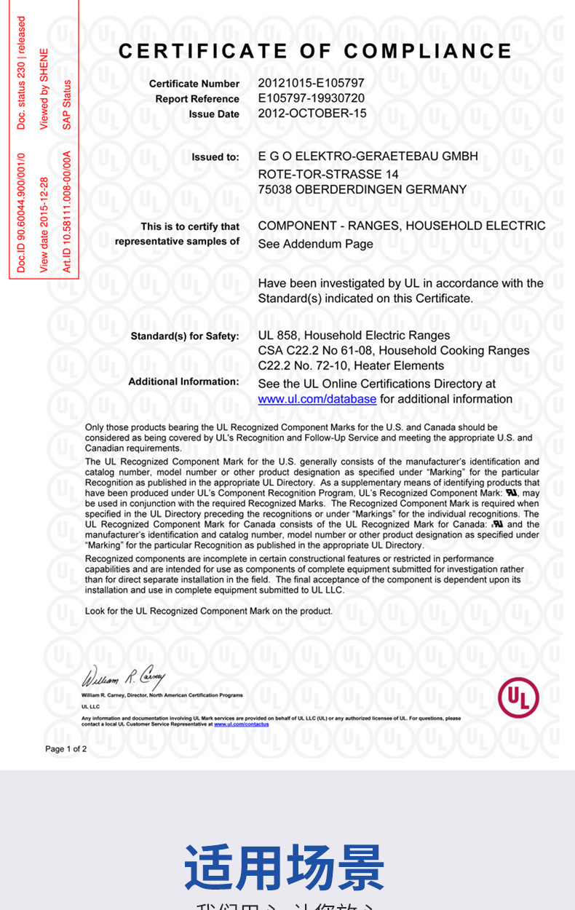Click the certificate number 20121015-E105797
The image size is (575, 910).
pos(311,83)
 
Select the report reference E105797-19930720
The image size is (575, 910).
pos(311,98)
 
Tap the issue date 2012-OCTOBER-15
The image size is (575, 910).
pos(312,114)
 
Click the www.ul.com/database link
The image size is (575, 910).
pos(317,399)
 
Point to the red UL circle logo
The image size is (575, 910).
pos(518,698)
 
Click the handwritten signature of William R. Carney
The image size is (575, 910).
pos(124,678)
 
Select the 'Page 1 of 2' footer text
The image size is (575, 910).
pos(66,748)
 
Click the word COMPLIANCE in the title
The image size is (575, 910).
pos(428,51)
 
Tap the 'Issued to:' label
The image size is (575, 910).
pos(215,157)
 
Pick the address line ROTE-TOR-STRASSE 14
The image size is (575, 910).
pos(328,174)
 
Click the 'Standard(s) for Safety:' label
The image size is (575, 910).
pos(185,336)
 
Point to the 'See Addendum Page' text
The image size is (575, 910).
pos(315,244)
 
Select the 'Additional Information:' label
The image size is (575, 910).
pos(183,381)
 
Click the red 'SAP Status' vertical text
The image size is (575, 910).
pos(67,104)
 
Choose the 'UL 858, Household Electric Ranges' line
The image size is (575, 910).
pos(354,336)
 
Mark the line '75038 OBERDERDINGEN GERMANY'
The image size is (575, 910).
pos(362,189)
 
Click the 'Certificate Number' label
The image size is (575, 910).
pos(194,84)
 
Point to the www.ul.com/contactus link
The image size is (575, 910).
pos(241,724)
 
